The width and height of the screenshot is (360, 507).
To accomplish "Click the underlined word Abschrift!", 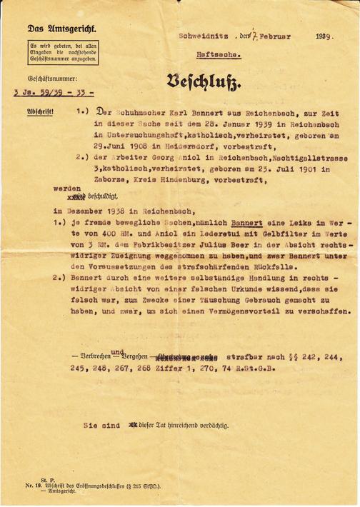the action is pos(40,112).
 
